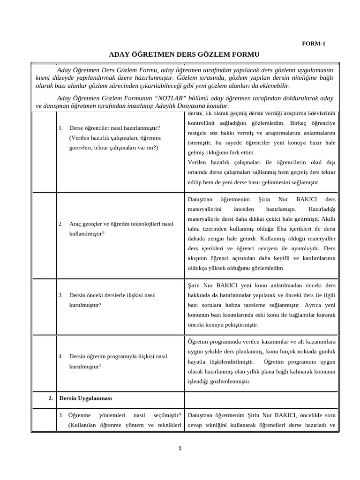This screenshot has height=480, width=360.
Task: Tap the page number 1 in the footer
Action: (180, 448)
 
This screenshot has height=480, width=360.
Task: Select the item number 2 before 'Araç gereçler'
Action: (61, 224)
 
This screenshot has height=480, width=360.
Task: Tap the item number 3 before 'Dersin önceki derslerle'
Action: (61, 295)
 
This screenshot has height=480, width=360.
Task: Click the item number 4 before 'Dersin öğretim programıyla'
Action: (61, 356)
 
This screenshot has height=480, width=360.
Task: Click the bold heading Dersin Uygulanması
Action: (85, 398)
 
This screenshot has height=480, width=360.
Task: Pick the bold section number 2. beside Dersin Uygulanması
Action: (51, 398)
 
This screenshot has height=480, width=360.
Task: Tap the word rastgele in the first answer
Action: (198, 133)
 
